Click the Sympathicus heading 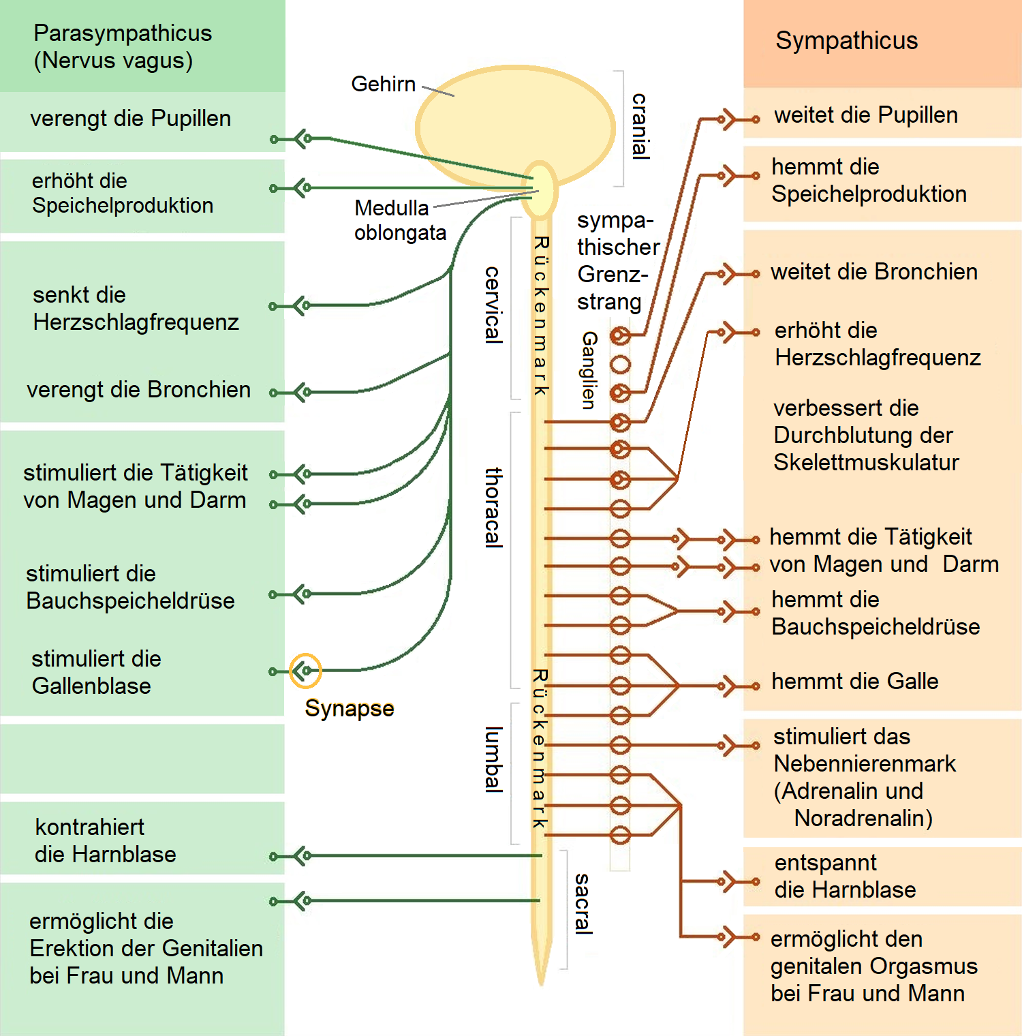[x=846, y=41]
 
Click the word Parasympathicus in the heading [x=123, y=33]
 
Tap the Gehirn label [x=383, y=84]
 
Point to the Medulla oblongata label [x=399, y=220]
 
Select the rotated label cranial [x=640, y=126]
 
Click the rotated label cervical [x=493, y=305]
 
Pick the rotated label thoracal [x=493, y=508]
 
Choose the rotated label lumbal [x=493, y=759]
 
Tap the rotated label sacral [x=583, y=903]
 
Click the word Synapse [x=349, y=709]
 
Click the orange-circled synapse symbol [x=305, y=671]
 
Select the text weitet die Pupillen [x=865, y=115]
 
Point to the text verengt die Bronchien [x=139, y=390]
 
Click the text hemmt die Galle [x=854, y=682]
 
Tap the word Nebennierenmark [x=865, y=764]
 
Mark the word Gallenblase [x=91, y=686]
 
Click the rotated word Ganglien [x=589, y=370]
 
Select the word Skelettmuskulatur [x=866, y=463]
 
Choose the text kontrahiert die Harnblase [x=106, y=841]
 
